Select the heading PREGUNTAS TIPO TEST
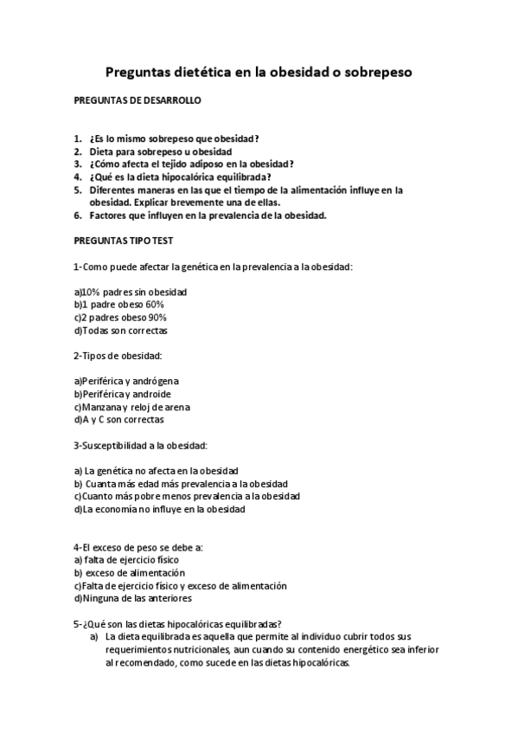(x=125, y=240)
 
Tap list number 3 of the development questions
(x=78, y=163)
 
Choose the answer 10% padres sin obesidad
(x=131, y=292)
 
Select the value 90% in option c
(x=157, y=318)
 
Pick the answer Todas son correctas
(x=121, y=330)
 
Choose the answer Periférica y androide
(x=127, y=394)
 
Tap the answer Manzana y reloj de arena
(x=132, y=407)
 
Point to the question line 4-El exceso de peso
(x=138, y=547)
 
